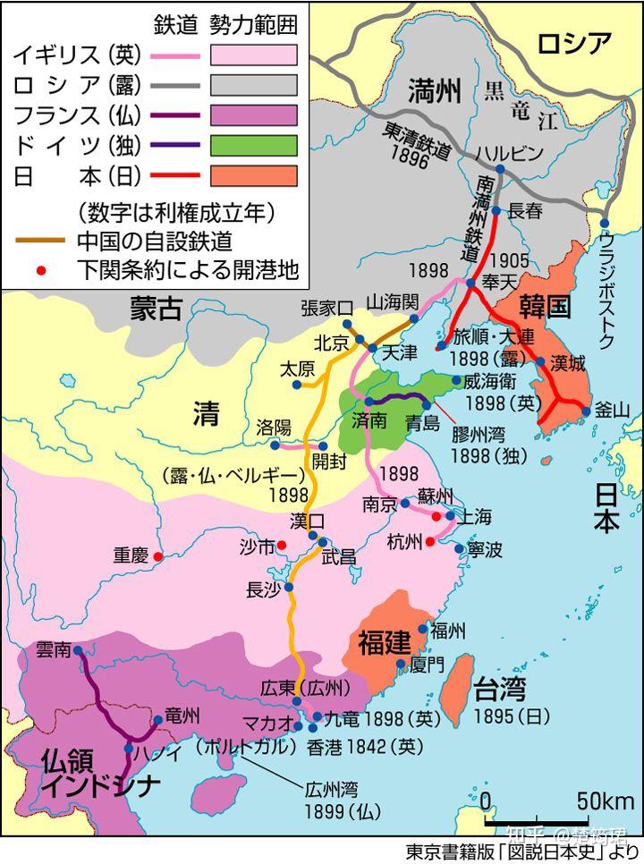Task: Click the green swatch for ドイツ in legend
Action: (x=253, y=145)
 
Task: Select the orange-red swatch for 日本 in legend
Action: (x=253, y=175)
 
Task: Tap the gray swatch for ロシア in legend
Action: (x=253, y=85)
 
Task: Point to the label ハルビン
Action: (x=509, y=153)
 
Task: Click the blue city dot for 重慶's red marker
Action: (x=158, y=556)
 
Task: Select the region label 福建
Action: (x=385, y=642)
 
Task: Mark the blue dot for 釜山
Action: (x=586, y=412)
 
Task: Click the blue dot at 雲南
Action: (x=78, y=650)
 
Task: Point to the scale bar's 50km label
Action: (x=605, y=799)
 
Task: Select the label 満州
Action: (x=434, y=90)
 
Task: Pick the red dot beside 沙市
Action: (x=281, y=545)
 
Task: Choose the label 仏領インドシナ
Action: (x=89, y=772)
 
